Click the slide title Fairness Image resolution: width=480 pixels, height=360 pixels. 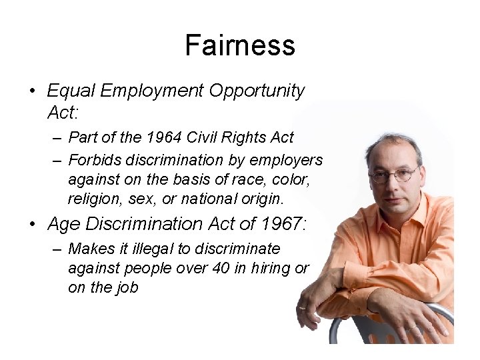tap(239, 45)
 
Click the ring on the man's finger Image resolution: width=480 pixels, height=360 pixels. tap(303, 308)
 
